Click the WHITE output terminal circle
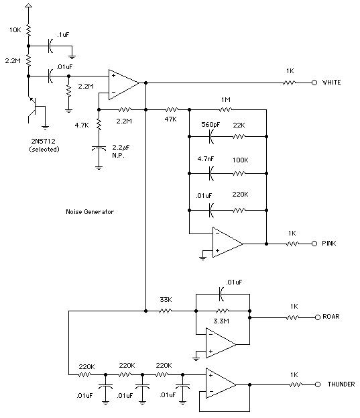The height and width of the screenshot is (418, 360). [314, 83]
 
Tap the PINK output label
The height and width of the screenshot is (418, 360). [329, 243]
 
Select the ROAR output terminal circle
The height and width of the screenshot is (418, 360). [317, 317]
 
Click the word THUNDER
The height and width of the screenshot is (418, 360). [341, 384]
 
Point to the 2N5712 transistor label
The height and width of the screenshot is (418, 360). [43, 141]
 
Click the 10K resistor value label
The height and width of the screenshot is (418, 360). [15, 30]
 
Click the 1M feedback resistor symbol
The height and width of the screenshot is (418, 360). [225, 109]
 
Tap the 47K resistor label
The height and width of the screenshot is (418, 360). [170, 119]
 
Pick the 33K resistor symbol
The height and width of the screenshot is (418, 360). [166, 311]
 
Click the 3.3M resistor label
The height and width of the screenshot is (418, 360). [221, 321]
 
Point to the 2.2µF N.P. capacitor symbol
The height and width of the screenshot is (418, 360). [99, 148]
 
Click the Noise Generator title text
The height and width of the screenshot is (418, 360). [90, 211]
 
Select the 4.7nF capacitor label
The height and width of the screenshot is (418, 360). [206, 159]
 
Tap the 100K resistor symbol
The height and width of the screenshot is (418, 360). [239, 174]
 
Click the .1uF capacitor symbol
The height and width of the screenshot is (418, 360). [50, 46]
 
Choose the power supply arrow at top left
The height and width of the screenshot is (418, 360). [28, 5]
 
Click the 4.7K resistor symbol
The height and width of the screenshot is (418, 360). [99, 125]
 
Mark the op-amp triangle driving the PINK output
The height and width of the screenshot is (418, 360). [228, 242]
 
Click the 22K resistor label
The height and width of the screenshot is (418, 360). [239, 125]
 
